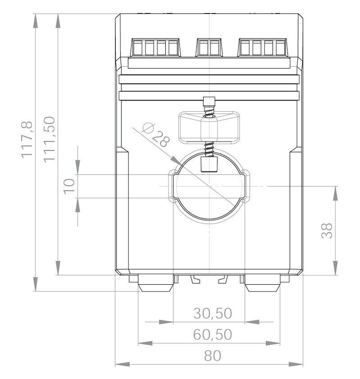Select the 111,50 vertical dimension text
tap(50, 138)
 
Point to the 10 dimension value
tap(68, 186)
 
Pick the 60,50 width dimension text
tap(213, 334)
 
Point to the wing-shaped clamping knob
tap(209, 128)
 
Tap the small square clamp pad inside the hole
tap(209, 164)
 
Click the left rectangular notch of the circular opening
tap(173, 186)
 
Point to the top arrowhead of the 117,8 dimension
tap(36, 21)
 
